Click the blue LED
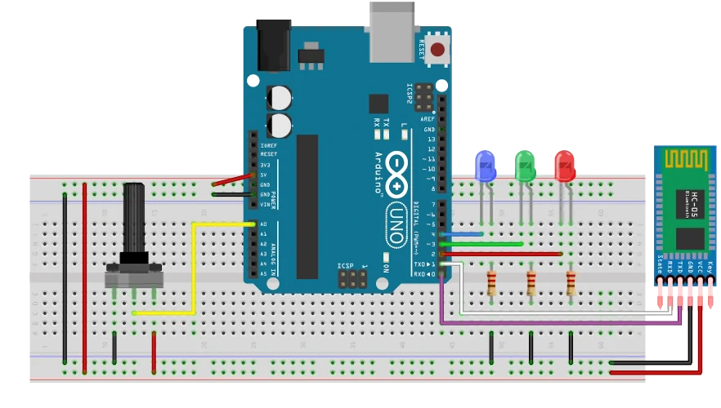point(486,166)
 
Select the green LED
point(524,166)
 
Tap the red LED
point(564,166)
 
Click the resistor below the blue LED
point(490,284)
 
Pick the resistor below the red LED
point(571,284)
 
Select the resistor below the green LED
point(531,284)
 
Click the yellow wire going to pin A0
point(193,269)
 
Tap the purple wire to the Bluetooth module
point(556,324)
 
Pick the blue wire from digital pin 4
point(463,235)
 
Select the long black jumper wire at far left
point(65,277)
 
